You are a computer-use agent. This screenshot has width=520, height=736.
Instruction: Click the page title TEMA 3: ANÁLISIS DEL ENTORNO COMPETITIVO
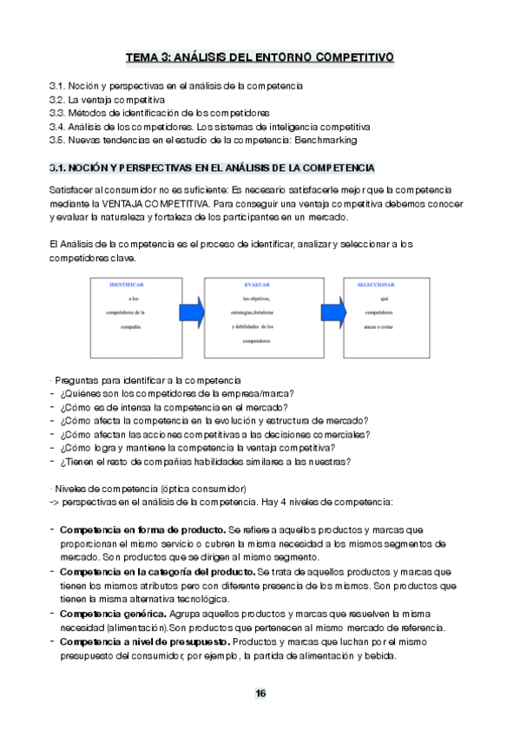pyautogui.click(x=260, y=57)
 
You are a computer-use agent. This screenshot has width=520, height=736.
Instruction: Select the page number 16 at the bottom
pyautogui.click(x=260, y=693)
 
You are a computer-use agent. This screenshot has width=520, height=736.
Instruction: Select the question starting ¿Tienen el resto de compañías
pyautogui.click(x=211, y=461)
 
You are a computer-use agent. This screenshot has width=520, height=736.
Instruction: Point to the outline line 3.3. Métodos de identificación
pyautogui.click(x=160, y=114)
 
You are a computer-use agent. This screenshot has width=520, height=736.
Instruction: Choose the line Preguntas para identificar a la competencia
pyautogui.click(x=147, y=381)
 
